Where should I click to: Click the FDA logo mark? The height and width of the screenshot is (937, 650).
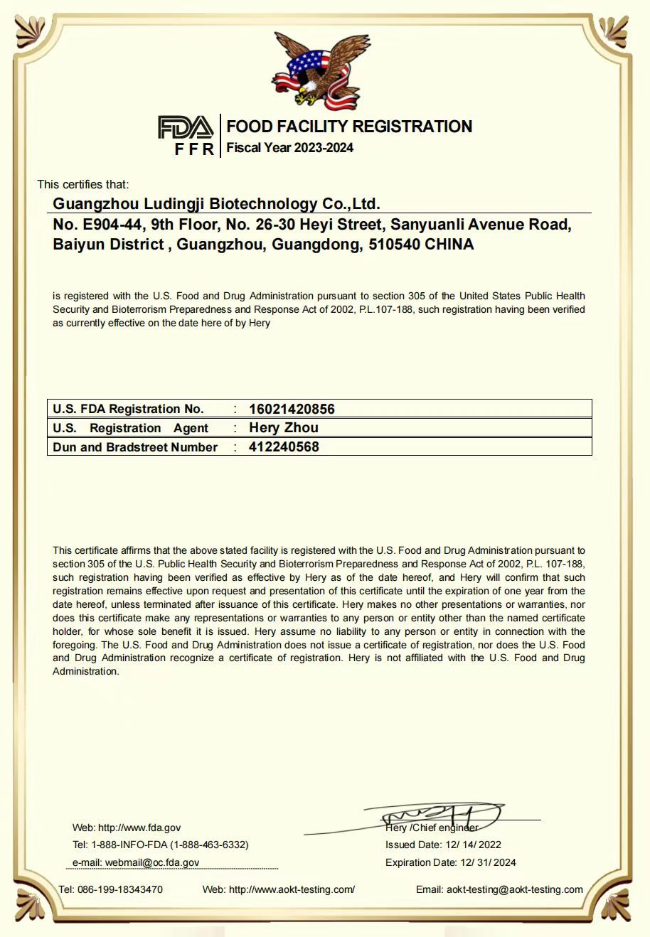[185, 128]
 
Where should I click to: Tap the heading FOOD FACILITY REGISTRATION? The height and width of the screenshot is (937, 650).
[349, 127]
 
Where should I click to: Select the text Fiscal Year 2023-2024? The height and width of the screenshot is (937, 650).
[289, 148]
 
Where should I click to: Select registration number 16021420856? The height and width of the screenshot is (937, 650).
[292, 409]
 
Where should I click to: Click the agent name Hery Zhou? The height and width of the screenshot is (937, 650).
[284, 428]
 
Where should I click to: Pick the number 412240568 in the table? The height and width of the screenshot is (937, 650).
[284, 447]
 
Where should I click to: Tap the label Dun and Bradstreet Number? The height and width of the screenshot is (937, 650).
[135, 447]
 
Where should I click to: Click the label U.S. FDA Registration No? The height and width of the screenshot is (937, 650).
[128, 409]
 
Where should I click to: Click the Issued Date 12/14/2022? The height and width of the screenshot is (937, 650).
[473, 845]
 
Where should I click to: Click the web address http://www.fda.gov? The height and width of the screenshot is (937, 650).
[139, 828]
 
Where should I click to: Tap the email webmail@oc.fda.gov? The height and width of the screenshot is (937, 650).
[152, 862]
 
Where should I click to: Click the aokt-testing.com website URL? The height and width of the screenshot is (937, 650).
[292, 889]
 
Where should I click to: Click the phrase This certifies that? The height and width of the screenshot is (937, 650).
[83, 184]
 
